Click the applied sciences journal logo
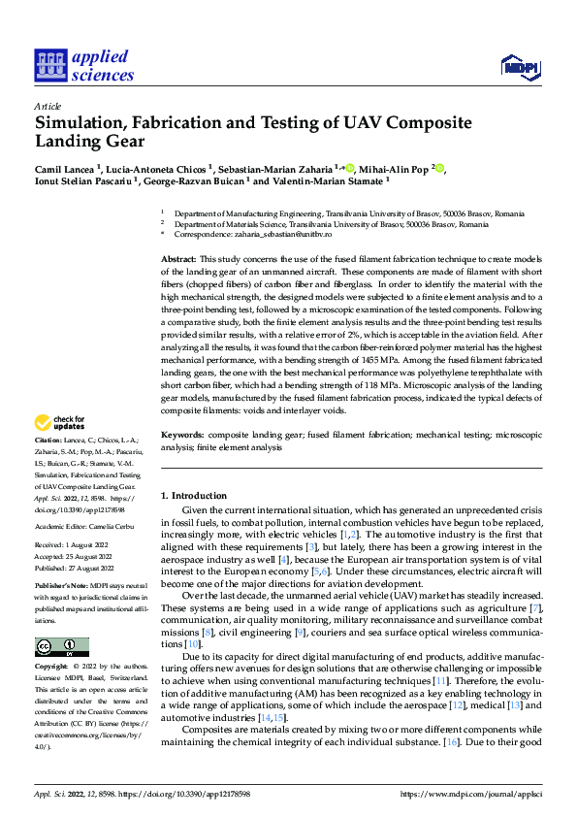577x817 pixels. (84, 65)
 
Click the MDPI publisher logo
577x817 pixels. (520, 66)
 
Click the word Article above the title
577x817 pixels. (48, 106)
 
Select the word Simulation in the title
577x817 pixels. (82, 123)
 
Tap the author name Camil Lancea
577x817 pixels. (64, 167)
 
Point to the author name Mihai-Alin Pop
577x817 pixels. (394, 167)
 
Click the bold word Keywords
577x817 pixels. (182, 436)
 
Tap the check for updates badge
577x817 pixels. (61, 423)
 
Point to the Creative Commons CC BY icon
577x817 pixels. (61, 646)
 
